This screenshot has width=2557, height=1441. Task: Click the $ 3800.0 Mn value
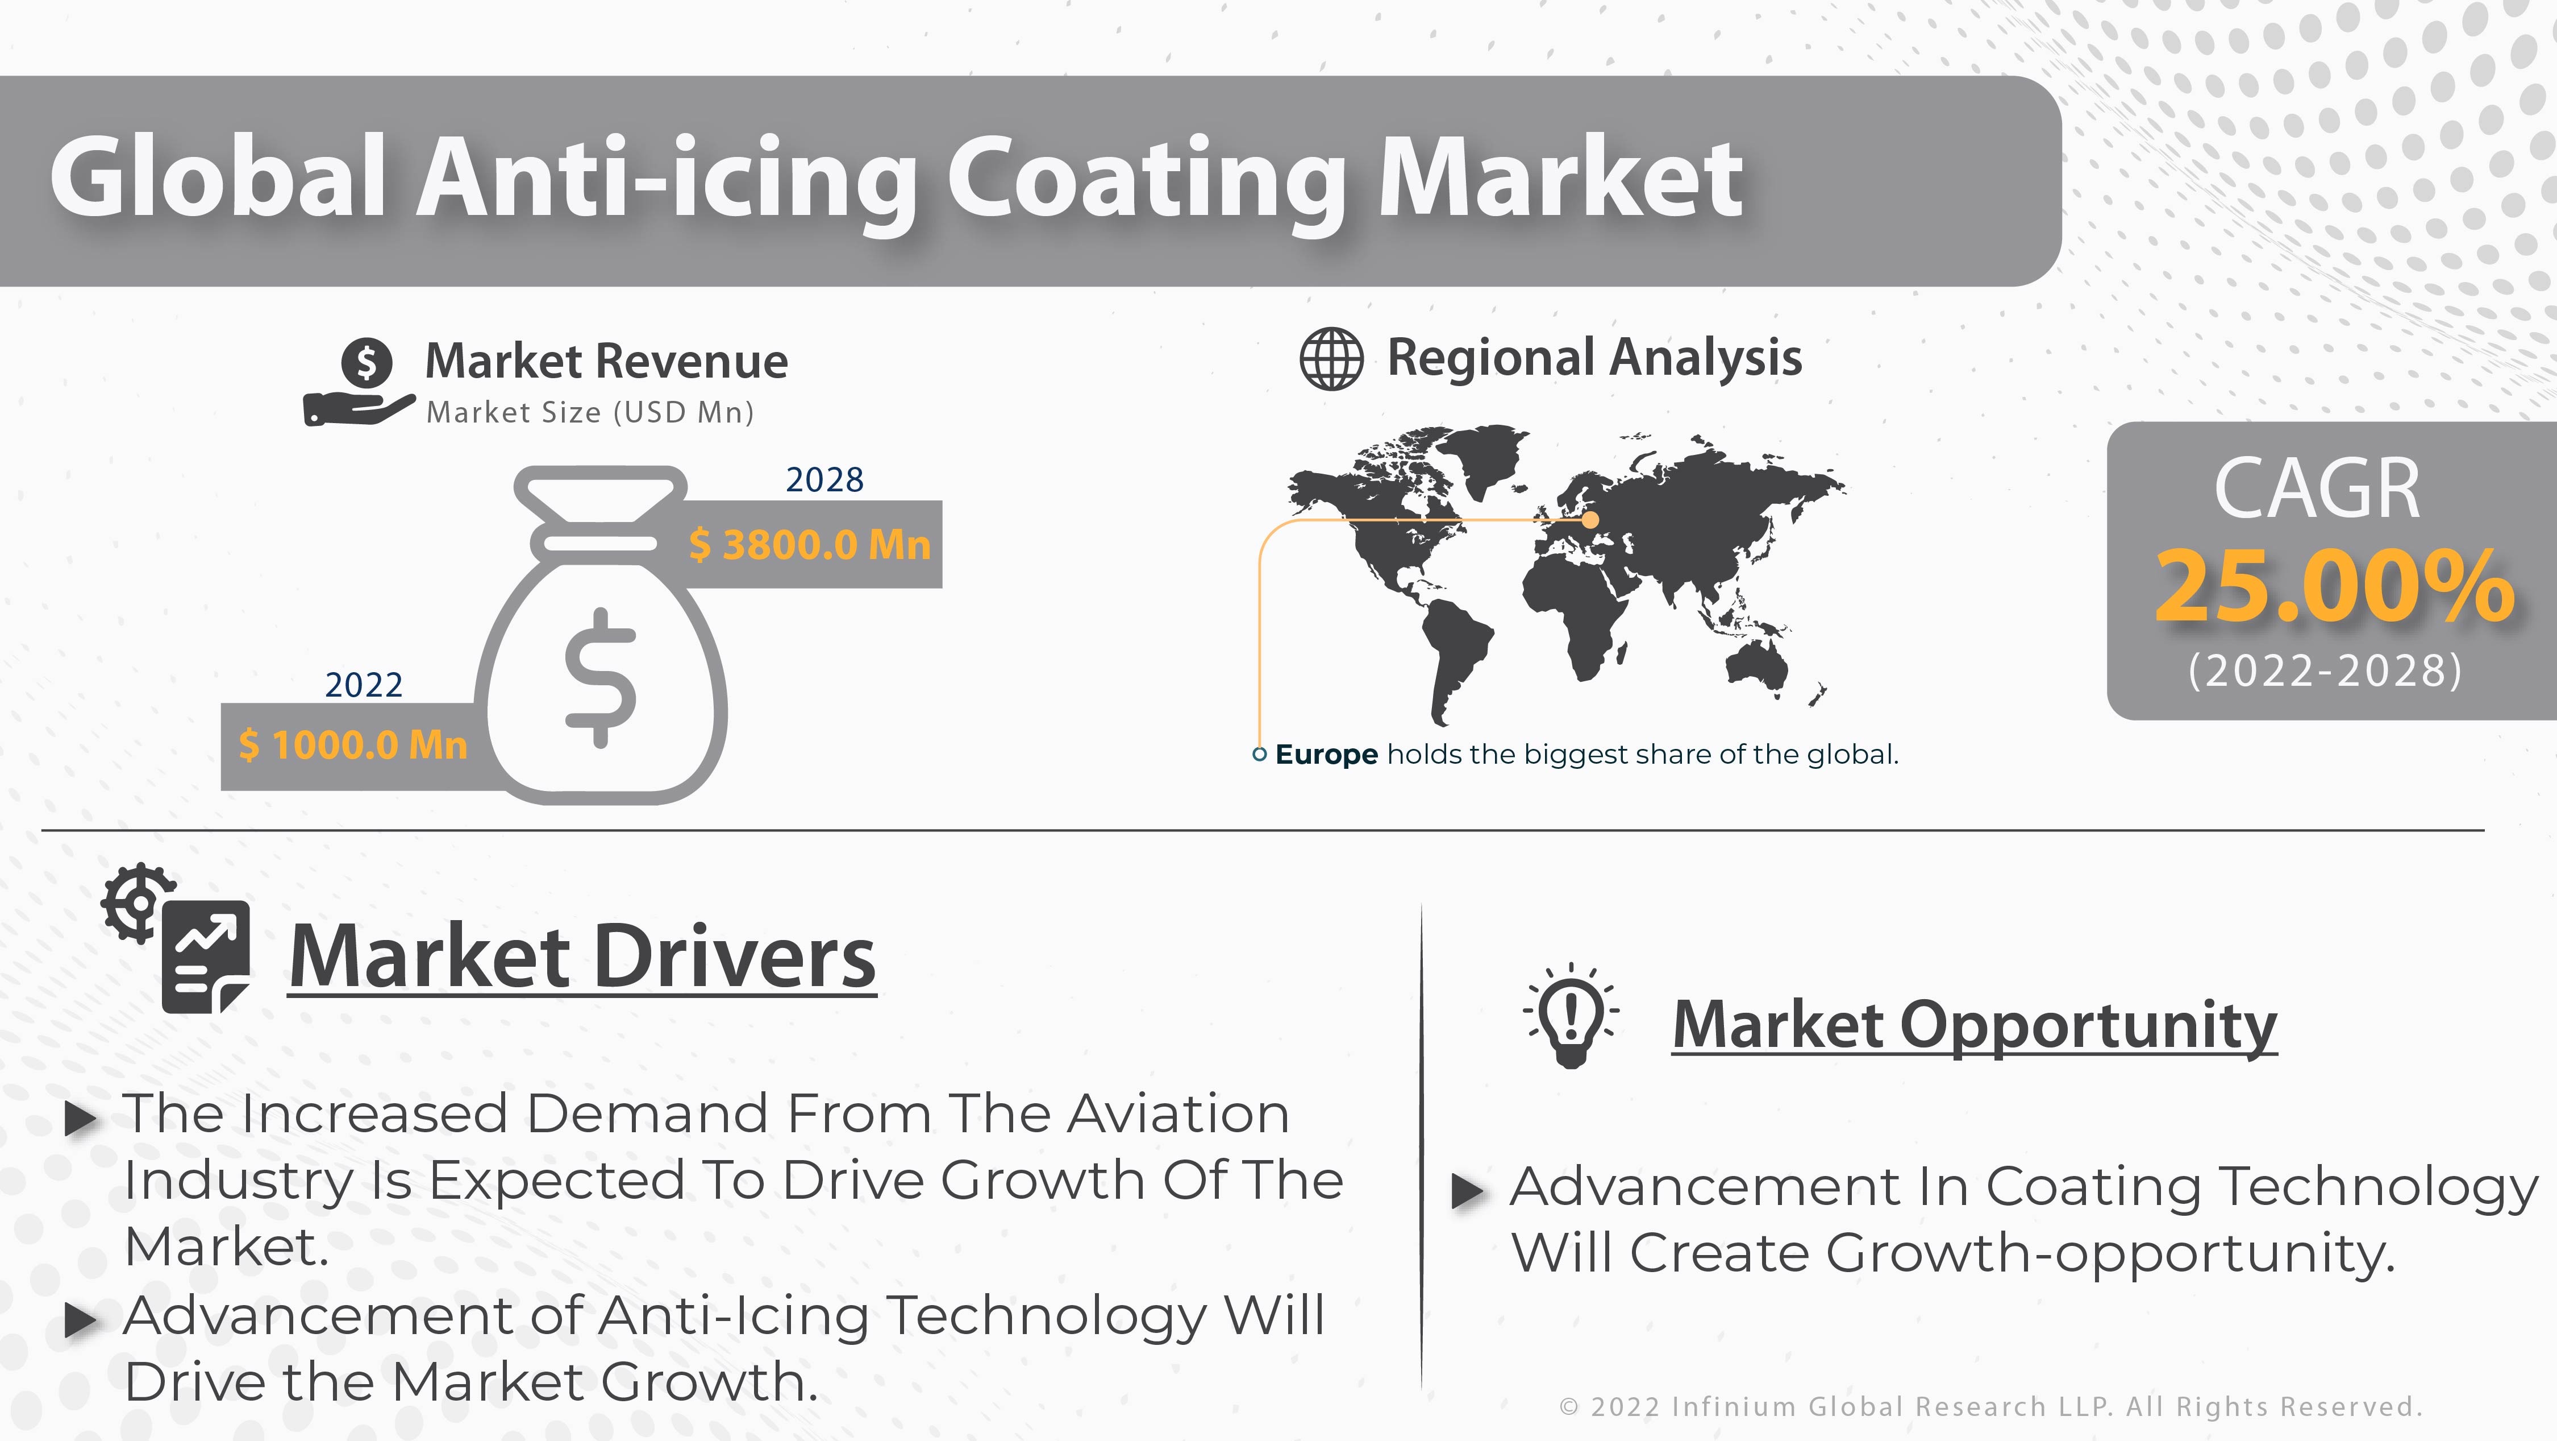[x=810, y=544]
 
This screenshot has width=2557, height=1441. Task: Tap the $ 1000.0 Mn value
[x=352, y=745]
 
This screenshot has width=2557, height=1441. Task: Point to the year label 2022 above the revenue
[x=363, y=685]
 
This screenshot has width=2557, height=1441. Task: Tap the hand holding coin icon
[x=359, y=382]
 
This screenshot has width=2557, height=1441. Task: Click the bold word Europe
[x=1326, y=755]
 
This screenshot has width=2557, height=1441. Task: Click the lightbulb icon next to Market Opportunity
[x=1571, y=1015]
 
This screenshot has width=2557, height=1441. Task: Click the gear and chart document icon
[x=176, y=938]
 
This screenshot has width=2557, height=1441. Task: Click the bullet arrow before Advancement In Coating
[x=1467, y=1191]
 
